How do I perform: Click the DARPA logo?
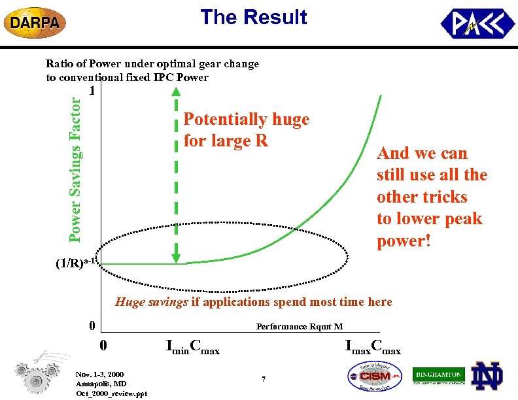pos(35,23)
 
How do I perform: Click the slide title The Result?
pos(253,18)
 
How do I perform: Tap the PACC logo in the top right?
pos(477,24)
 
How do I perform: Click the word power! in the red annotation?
pos(404,241)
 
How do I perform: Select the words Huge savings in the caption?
pos(151,302)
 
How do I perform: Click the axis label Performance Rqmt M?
pos(299,326)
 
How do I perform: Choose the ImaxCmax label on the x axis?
pos(373,347)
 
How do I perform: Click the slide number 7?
pos(263,379)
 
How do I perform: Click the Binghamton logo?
pos(438,375)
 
